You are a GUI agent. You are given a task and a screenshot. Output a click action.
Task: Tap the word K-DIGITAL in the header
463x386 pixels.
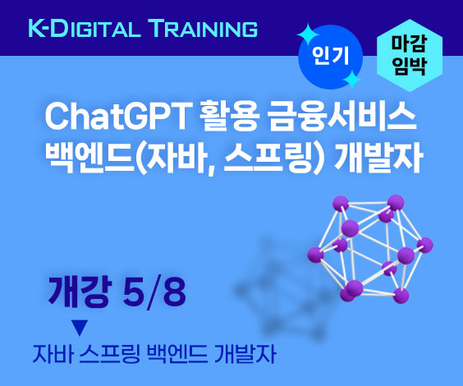84,29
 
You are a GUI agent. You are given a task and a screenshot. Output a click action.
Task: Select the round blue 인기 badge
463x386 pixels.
330,57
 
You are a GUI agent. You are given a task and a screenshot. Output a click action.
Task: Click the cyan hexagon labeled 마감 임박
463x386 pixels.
410,55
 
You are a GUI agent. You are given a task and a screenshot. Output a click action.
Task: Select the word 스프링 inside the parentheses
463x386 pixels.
268,158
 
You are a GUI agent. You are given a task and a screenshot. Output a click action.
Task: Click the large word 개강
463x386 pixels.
80,292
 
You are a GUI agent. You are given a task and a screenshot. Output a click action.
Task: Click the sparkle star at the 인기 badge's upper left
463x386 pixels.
308,34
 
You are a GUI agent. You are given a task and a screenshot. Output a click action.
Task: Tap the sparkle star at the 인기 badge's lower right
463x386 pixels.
352,79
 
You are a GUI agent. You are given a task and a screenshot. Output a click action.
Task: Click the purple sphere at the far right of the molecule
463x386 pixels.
425,245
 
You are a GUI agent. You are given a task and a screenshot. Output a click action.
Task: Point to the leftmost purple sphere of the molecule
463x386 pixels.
315,255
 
